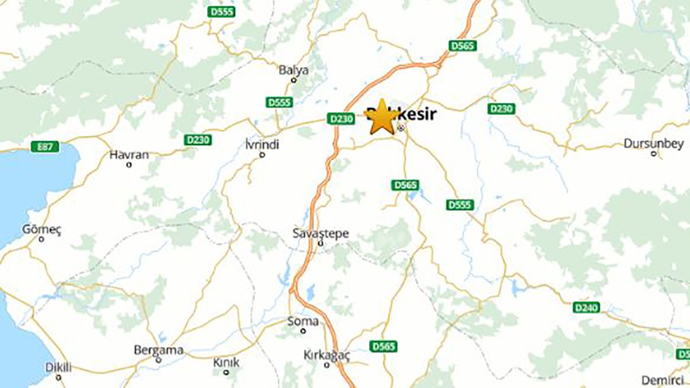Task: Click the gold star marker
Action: [381, 118]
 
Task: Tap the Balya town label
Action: [293, 70]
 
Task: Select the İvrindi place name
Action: [262, 145]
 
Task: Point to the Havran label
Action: [129, 155]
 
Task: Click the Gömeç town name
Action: [41, 229]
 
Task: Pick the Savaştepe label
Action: [321, 234]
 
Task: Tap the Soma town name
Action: [302, 321]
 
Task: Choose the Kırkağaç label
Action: [327, 355]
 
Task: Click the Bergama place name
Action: [158, 350]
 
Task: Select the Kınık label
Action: [226, 363]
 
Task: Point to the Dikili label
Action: [58, 367]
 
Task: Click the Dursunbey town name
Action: [654, 143]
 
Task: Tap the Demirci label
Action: [661, 380]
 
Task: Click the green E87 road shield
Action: [45, 147]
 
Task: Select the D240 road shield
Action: [586, 308]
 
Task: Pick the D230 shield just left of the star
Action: [341, 118]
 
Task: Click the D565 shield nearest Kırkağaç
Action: [384, 347]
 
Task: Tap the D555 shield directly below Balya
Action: [279, 102]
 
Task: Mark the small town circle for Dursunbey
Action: [654, 153]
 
